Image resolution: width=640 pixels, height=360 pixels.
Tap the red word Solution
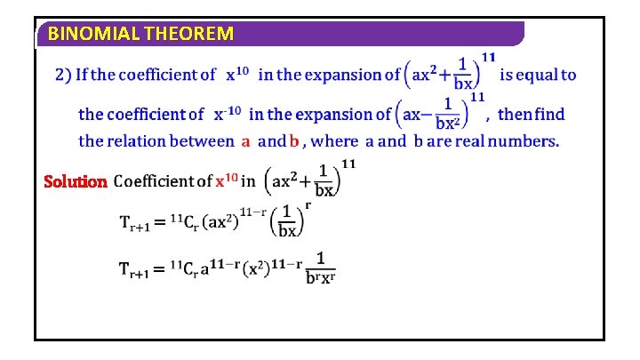click(x=76, y=181)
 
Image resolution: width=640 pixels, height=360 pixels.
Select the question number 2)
click(x=63, y=75)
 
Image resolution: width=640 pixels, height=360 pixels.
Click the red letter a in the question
click(x=246, y=140)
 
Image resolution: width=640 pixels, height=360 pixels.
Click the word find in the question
click(x=548, y=114)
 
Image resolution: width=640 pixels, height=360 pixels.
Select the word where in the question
click(x=336, y=140)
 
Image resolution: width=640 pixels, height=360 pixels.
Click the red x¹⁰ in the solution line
click(x=226, y=181)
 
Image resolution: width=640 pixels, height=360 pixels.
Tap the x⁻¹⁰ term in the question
click(x=228, y=113)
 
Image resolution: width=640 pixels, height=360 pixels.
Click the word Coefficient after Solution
click(x=163, y=181)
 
